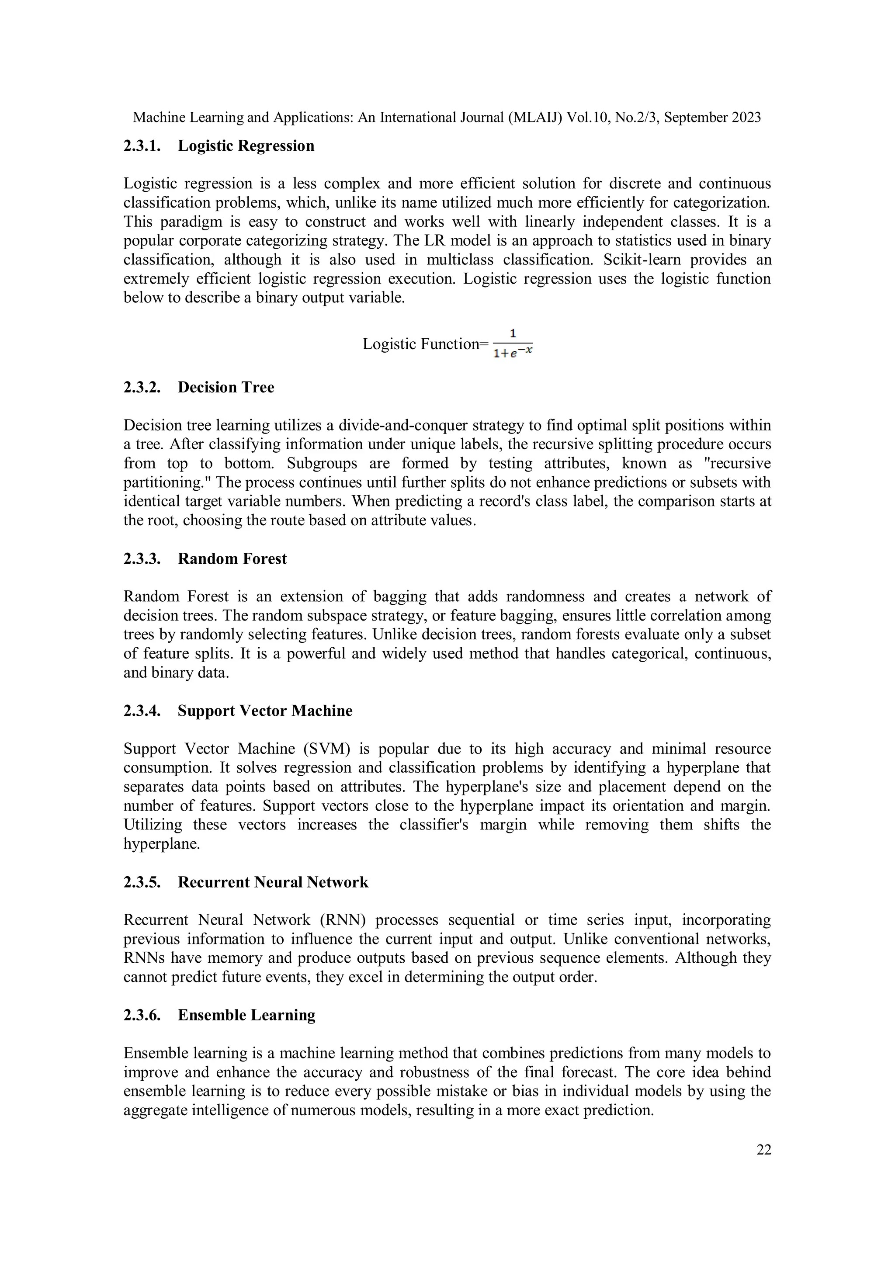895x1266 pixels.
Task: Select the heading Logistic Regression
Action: (246, 146)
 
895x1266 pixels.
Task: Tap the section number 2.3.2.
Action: (142, 387)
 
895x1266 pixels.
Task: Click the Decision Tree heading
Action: (225, 387)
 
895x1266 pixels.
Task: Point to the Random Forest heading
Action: (232, 558)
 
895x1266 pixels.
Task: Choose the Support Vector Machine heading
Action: (265, 711)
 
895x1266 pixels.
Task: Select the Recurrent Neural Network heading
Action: (273, 882)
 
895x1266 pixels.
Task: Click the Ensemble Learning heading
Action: (246, 1015)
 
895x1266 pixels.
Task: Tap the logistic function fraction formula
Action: (513, 343)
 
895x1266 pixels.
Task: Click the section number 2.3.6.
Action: (142, 1015)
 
